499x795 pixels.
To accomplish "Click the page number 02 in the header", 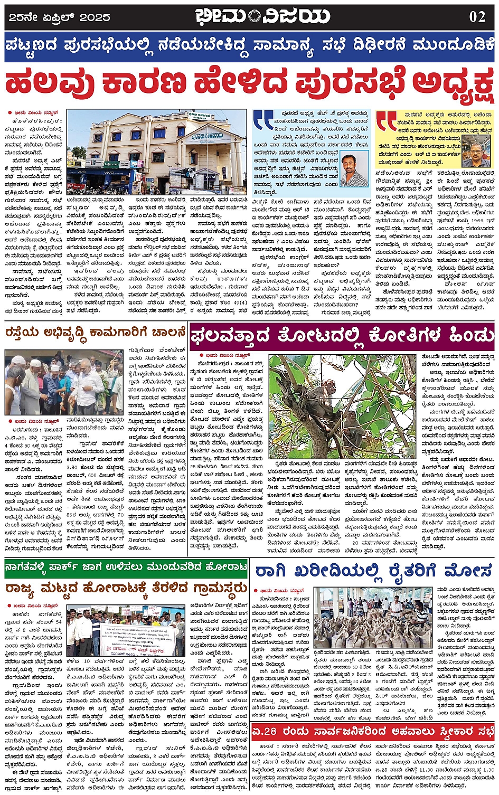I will [477, 17].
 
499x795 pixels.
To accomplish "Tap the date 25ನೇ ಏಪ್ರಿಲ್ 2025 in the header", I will [60, 17].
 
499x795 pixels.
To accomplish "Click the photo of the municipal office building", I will [157, 152].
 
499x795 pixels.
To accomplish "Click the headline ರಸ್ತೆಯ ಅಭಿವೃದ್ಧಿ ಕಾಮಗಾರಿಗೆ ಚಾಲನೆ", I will [96, 333].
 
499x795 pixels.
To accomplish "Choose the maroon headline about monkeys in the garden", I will [342, 335].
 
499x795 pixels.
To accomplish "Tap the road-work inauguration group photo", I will [63, 382].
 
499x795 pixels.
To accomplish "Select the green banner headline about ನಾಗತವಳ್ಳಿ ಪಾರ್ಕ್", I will [126, 568].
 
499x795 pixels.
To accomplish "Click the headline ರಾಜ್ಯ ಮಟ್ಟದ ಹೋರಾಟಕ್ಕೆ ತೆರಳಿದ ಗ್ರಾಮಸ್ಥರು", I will [126, 588].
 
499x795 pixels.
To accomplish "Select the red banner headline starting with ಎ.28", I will [373, 732].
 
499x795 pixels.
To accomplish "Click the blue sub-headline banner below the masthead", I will [249, 46].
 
